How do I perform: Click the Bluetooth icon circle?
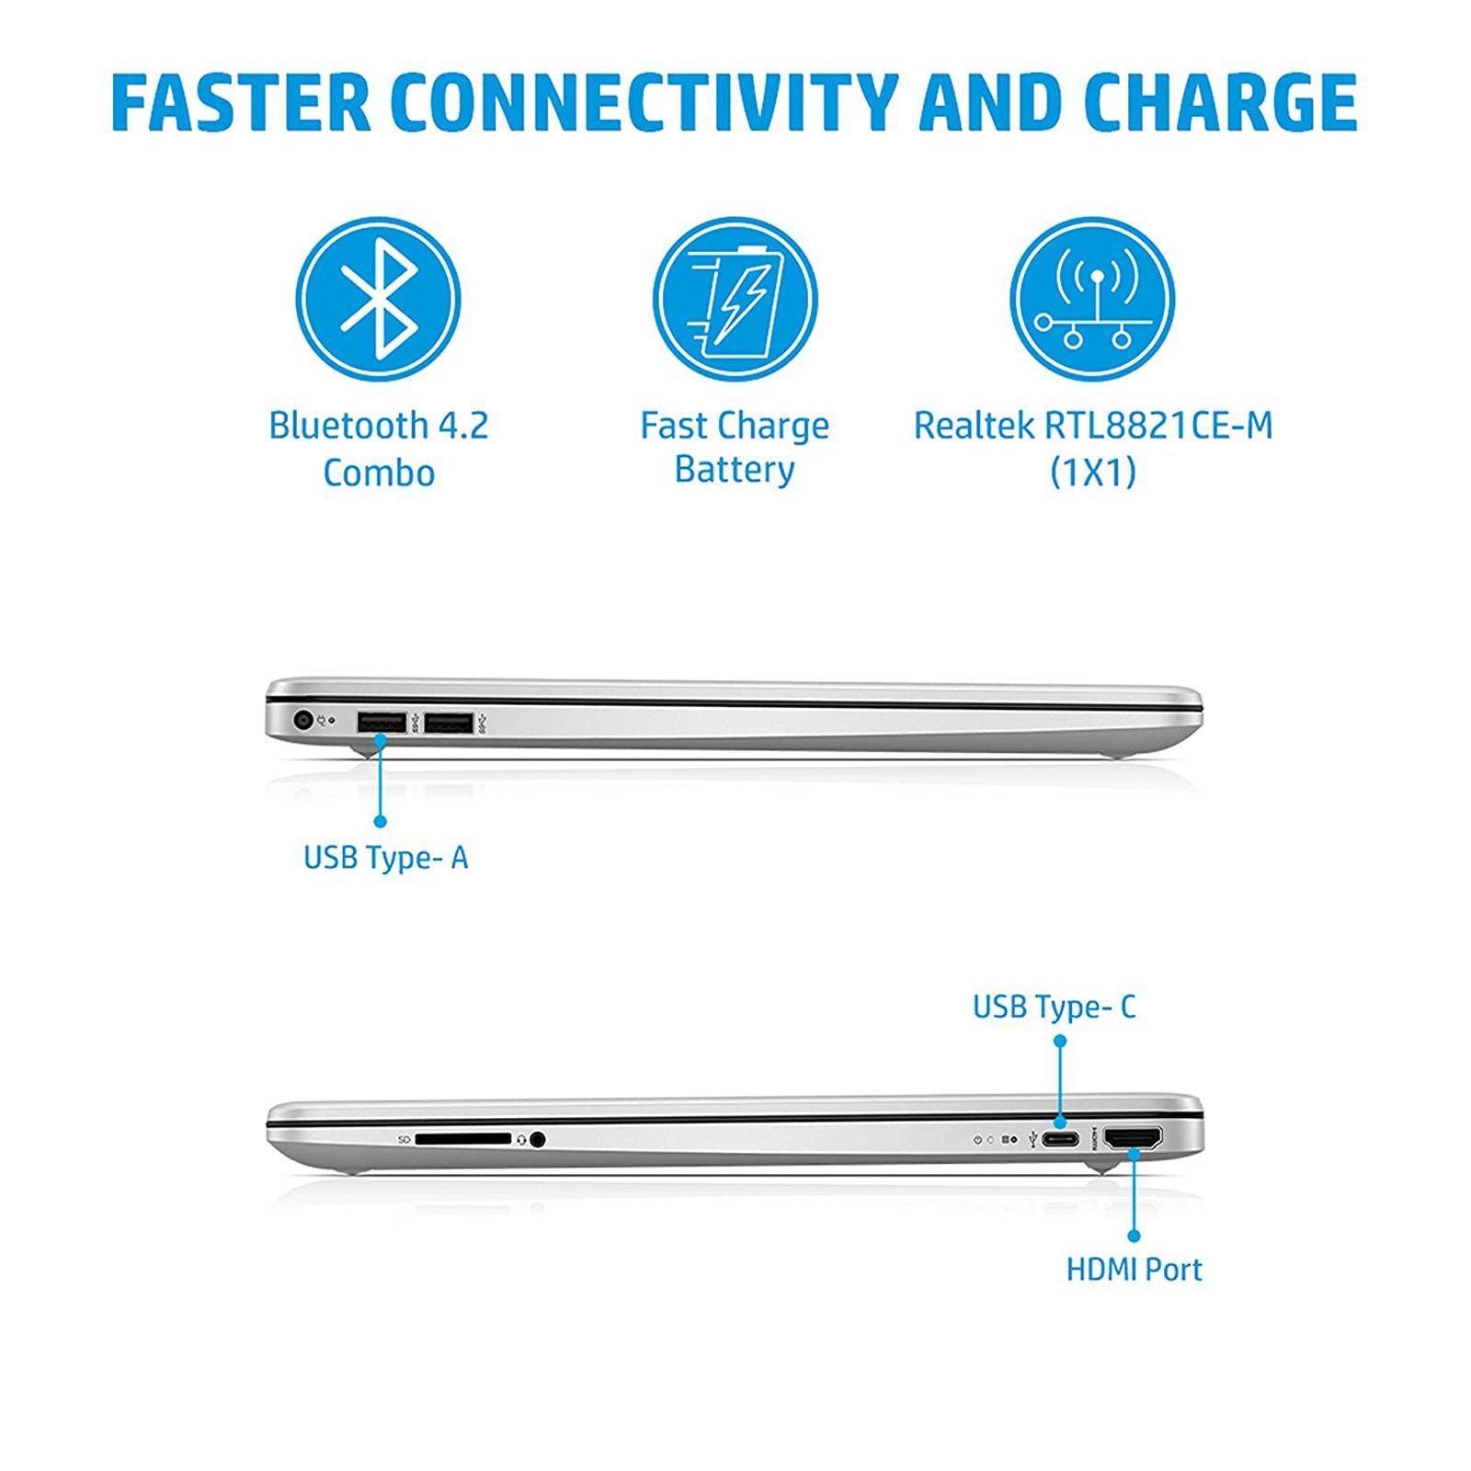378,300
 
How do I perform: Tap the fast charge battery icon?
735,300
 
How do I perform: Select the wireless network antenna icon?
1092,300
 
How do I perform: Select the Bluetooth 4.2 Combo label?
379,449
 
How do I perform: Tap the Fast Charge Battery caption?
735,448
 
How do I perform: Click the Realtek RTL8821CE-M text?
1093,426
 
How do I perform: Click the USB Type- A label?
386,858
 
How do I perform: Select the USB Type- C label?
1055,1007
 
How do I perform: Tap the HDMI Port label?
1134,1270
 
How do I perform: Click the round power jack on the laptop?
302,721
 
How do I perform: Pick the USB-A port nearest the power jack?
382,723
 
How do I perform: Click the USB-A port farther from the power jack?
449,723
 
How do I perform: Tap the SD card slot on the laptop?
462,1139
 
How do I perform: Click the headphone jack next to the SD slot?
538,1139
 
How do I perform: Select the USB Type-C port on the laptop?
1060,1140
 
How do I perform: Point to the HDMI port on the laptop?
1133,1138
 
